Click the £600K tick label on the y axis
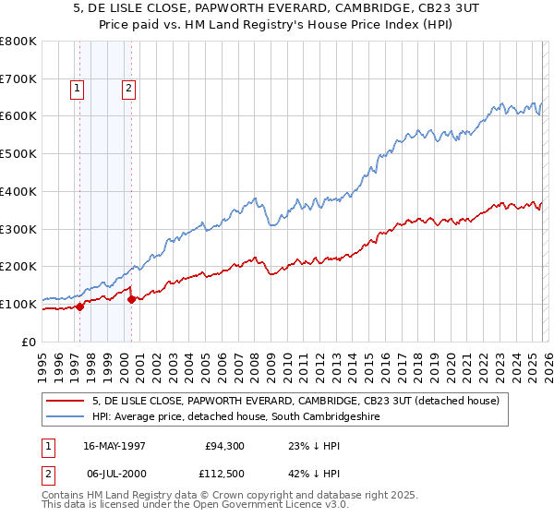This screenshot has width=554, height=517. [x=18, y=116]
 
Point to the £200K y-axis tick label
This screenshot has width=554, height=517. [x=18, y=267]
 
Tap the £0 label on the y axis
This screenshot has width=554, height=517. [x=29, y=342]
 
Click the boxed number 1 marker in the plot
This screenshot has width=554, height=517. [x=76, y=89]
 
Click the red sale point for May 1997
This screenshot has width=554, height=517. [x=80, y=307]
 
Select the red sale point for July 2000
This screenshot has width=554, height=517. [x=131, y=299]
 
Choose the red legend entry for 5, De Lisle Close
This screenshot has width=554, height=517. [x=295, y=401]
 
